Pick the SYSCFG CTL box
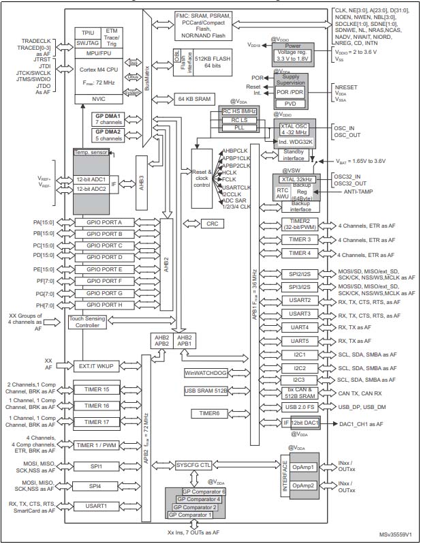(193, 465)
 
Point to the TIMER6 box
(208, 413)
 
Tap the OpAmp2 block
(301, 485)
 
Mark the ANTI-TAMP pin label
(352, 192)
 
